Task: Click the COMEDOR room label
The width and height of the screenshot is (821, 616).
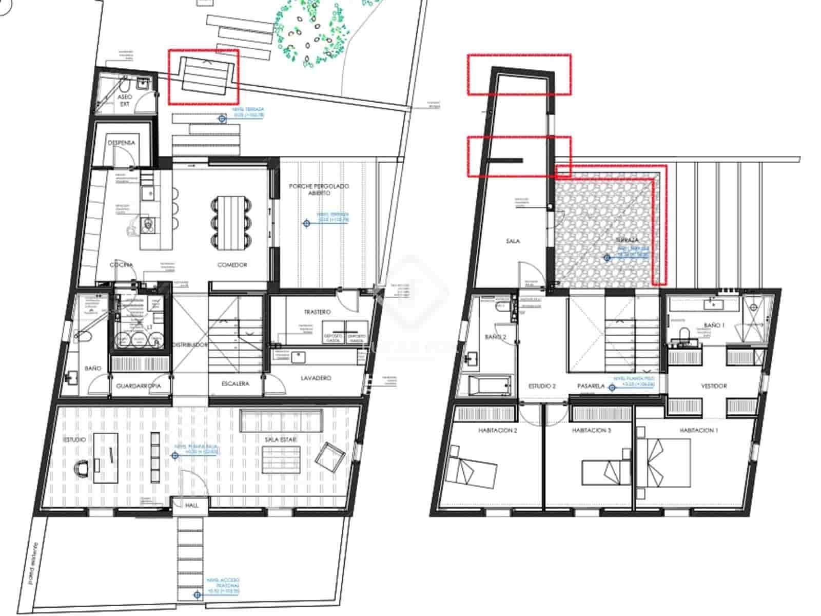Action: (x=232, y=265)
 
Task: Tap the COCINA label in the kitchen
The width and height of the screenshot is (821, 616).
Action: (x=122, y=265)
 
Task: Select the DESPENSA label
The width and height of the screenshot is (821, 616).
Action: (x=122, y=143)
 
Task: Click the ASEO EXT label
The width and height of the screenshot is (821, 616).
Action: (x=125, y=100)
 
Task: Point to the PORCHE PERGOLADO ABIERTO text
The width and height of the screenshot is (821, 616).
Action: (x=318, y=189)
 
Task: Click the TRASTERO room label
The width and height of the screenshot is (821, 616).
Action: (x=317, y=312)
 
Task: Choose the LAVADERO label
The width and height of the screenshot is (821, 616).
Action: (x=316, y=378)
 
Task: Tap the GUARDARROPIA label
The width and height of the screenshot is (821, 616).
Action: (x=139, y=386)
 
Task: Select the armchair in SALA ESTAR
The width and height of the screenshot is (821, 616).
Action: (x=330, y=457)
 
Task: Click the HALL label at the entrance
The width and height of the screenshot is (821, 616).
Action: (x=192, y=506)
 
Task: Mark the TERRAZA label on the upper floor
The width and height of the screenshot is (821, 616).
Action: (x=627, y=240)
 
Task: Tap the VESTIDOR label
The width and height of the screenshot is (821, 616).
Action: (x=714, y=386)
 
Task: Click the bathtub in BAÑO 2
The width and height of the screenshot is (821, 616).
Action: (x=490, y=385)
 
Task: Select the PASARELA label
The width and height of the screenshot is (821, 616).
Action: (x=590, y=386)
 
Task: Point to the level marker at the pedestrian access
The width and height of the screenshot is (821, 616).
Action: (x=197, y=595)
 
